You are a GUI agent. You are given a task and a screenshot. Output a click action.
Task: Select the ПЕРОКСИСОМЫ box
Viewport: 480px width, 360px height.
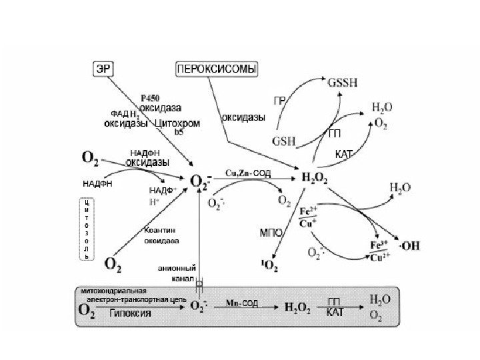click(x=217, y=69)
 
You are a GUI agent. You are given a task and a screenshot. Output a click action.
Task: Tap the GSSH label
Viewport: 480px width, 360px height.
click(x=342, y=83)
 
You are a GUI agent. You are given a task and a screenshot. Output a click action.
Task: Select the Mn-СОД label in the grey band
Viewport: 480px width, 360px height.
click(x=241, y=303)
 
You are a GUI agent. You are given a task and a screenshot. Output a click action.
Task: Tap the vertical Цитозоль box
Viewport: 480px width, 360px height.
click(x=86, y=227)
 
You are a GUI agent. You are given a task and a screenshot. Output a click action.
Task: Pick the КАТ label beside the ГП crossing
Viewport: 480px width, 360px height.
click(x=344, y=154)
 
